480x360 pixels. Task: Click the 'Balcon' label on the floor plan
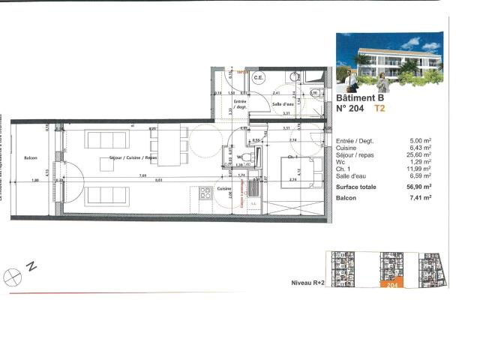tap(31, 158)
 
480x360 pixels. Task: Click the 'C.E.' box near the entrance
tap(258, 78)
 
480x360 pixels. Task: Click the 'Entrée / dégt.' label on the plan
tap(240, 104)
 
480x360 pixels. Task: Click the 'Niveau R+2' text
tap(307, 284)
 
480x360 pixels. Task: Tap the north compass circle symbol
tap(10, 277)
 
